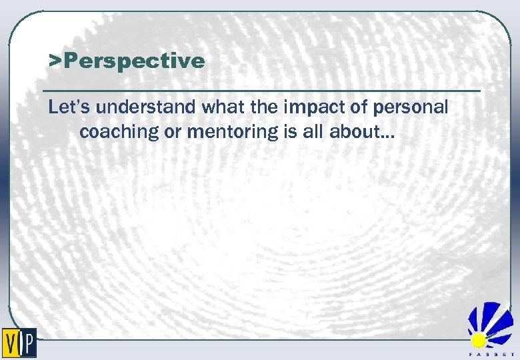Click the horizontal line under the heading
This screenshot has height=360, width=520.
[x=260, y=90]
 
